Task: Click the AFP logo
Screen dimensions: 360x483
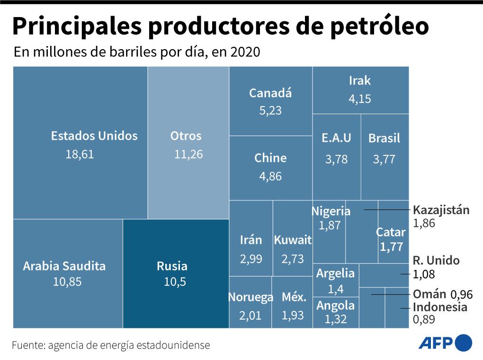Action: [445, 343]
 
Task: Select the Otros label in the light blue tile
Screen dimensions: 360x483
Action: [186, 136]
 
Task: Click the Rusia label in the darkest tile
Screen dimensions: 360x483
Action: [172, 266]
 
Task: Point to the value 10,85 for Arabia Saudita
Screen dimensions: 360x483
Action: [67, 282]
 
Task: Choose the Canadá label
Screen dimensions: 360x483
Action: [270, 93]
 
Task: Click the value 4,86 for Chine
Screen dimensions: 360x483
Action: [270, 176]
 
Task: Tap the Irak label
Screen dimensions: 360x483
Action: [360, 81]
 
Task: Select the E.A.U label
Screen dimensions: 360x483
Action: [336, 138]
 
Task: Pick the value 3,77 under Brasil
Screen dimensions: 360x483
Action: [384, 160]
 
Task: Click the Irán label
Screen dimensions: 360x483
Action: [251, 240]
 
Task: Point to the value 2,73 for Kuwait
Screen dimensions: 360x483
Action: [292, 260]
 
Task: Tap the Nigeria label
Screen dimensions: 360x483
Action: [331, 211]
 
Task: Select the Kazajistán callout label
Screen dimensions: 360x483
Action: [441, 210]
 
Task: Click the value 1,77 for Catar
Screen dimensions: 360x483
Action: [391, 247]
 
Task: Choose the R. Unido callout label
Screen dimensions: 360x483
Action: [436, 261]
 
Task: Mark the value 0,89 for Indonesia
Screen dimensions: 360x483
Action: [424, 320]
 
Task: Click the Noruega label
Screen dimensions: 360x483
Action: [251, 297]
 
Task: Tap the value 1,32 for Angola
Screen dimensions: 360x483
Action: [336, 320]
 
